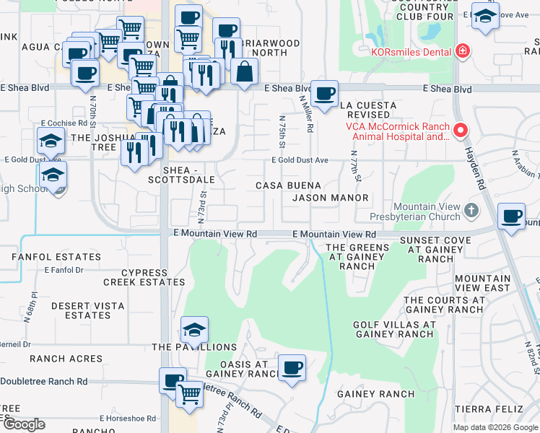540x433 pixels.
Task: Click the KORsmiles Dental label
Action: coord(411,52)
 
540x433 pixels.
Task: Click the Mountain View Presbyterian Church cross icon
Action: coord(471,211)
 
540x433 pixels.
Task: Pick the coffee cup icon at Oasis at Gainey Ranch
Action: coord(292,367)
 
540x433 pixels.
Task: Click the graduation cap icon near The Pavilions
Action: coord(194,330)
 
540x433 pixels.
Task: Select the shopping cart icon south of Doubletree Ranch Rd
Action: coord(189,394)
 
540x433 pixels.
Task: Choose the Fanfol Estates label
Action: coord(56,257)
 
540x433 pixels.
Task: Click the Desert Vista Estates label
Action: coord(87,310)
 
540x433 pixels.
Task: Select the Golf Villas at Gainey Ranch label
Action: coord(393,329)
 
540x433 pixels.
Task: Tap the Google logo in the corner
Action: coord(23,424)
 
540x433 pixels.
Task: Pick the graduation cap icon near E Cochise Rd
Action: coord(51,141)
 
